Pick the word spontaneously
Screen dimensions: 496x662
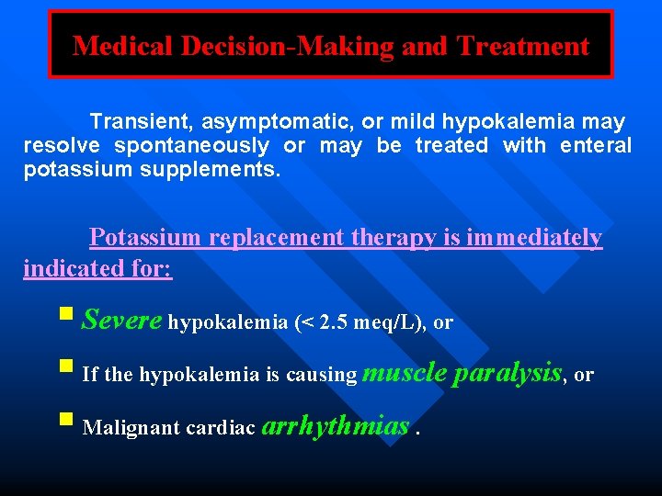pos(191,145)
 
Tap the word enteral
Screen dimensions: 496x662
pos(596,145)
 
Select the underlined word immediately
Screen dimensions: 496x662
pos(534,238)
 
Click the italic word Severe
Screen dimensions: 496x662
pos(122,320)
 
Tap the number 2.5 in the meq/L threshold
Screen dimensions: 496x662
pos(333,322)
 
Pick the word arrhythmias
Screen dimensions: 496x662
pos(336,425)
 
